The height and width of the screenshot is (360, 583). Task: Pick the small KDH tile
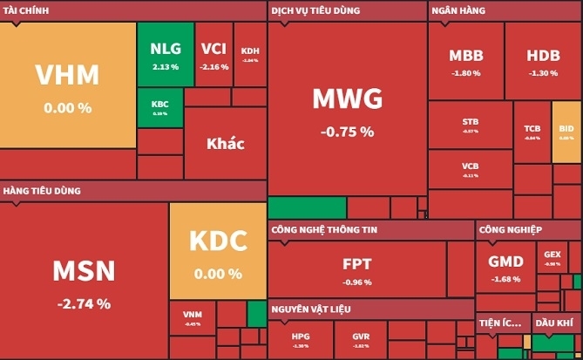coord(250,54)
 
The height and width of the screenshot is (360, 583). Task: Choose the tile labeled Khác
coord(225,143)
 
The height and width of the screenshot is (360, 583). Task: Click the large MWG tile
coord(347,109)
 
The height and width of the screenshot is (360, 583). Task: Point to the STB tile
coord(470,126)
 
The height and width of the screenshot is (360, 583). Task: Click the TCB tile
coord(532,132)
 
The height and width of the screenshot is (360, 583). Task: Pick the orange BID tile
coord(566,132)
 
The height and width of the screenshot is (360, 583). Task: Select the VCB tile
coord(470,169)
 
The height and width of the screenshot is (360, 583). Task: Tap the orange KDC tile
coord(217,250)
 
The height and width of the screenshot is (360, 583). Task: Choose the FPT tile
coord(357,268)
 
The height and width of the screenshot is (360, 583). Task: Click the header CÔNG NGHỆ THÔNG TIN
coord(322,230)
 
